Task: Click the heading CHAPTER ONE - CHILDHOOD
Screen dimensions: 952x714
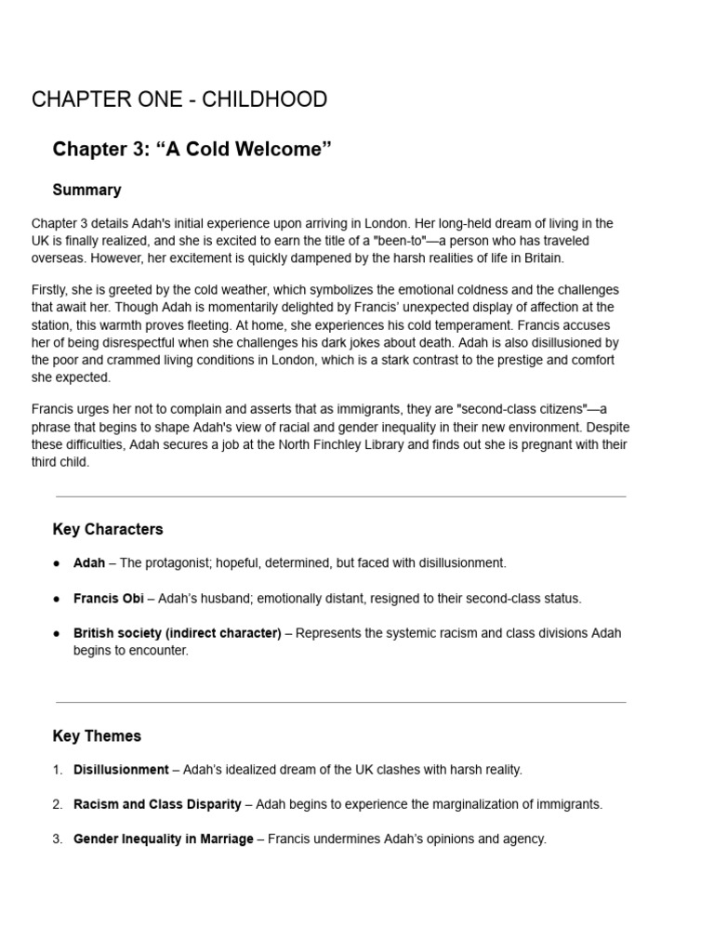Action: tap(179, 99)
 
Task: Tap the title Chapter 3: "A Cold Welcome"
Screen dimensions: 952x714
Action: tap(192, 150)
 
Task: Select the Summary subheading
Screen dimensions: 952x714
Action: tap(86, 190)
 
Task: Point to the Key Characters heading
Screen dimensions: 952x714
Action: tap(108, 529)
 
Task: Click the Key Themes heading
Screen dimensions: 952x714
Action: tap(97, 735)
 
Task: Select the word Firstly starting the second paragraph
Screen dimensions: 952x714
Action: tap(52, 290)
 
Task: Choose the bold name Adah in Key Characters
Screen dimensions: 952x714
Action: tap(89, 563)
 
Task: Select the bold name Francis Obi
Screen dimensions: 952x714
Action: tap(109, 599)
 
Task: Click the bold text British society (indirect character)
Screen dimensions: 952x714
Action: tap(178, 633)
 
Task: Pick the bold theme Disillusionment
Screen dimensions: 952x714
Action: tap(121, 770)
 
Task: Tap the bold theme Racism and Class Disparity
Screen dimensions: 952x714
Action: tap(157, 804)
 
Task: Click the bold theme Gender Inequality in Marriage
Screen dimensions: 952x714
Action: tap(164, 839)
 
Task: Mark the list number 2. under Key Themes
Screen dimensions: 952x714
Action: tap(58, 804)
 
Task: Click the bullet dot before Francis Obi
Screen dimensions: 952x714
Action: tap(57, 599)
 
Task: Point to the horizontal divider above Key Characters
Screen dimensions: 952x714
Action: tap(340, 496)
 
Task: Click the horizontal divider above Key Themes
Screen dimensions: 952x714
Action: tap(340, 702)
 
